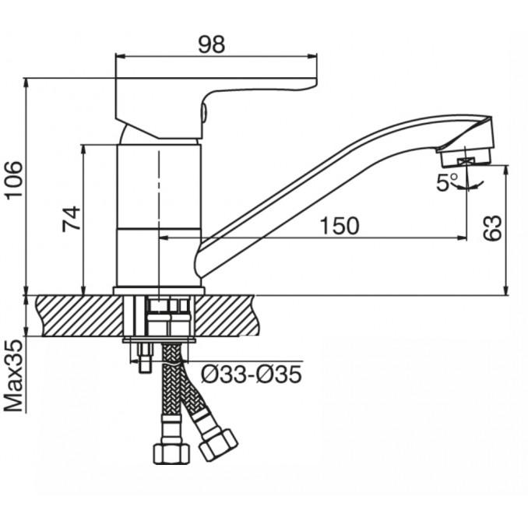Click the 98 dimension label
click(211, 44)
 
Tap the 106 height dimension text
click(14, 181)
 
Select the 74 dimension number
click(72, 219)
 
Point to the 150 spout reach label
click(339, 226)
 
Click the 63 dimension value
click(492, 227)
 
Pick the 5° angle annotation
click(447, 182)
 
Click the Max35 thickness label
click(14, 376)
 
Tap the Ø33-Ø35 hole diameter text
click(252, 374)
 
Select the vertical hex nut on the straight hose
click(171, 454)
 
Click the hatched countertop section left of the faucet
click(79, 315)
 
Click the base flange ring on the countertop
click(159, 291)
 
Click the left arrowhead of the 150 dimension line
click(163, 238)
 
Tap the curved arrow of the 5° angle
click(469, 185)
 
